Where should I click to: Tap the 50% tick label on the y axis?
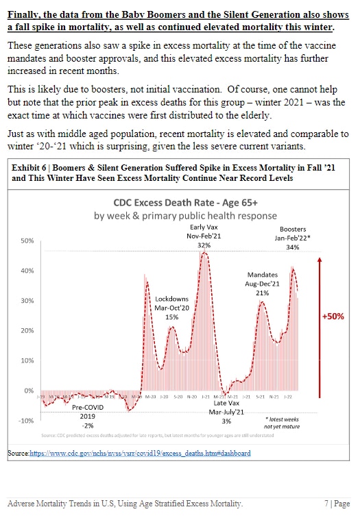click(x=28, y=241)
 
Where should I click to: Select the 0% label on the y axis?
click(x=29, y=390)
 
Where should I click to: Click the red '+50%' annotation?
click(x=333, y=317)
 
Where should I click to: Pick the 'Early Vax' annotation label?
click(x=204, y=226)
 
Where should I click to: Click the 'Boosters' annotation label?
click(x=293, y=230)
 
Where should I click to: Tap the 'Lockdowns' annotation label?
click(x=171, y=299)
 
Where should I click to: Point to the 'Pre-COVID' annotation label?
click(x=88, y=408)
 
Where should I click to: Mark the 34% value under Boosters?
click(x=293, y=247)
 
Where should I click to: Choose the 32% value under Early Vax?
click(x=204, y=244)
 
